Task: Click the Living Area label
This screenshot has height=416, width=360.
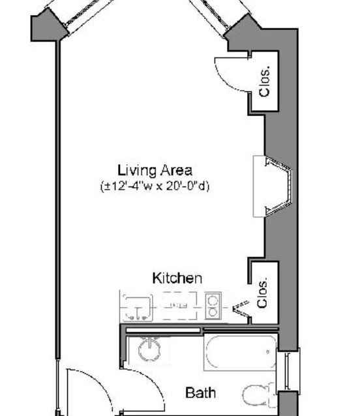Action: tap(155, 170)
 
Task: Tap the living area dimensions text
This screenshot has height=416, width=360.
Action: tap(155, 186)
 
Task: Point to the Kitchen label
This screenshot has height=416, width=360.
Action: tap(177, 278)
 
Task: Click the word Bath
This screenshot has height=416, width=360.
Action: tap(201, 393)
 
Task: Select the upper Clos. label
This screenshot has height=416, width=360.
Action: tap(265, 82)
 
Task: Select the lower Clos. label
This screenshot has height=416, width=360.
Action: tap(262, 293)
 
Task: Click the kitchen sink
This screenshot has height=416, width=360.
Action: tap(138, 308)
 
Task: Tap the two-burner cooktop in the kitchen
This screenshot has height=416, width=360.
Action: tap(213, 306)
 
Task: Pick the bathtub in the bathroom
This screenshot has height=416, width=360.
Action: tap(241, 352)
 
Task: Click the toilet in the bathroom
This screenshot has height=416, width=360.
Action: tap(259, 395)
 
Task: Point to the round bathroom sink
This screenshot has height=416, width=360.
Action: tap(149, 349)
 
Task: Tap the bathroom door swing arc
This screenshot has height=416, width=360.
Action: tap(153, 382)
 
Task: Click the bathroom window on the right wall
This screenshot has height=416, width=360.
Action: tap(288, 370)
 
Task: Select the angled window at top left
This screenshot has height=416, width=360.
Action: tap(82, 13)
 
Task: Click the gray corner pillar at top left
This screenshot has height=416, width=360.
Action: tap(48, 27)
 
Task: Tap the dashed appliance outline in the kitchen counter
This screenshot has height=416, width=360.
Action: tap(179, 306)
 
